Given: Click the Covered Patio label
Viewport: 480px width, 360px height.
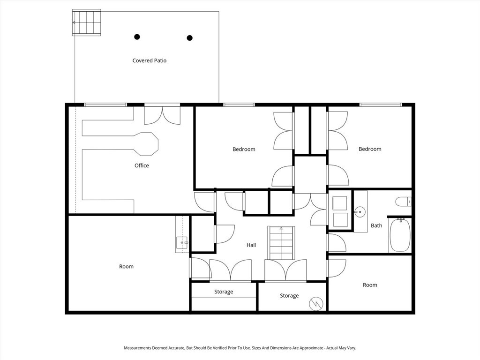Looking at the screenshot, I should (149, 60).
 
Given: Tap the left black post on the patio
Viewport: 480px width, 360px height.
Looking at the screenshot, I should (137, 37).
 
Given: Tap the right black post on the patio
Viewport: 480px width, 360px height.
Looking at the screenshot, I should (190, 38).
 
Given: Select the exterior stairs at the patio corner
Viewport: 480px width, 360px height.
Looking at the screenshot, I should (87, 22).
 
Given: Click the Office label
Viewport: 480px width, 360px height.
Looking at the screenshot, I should (142, 165).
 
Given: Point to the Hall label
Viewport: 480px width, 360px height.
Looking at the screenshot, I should (251, 245).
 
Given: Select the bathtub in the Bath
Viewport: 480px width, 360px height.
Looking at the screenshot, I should (400, 235).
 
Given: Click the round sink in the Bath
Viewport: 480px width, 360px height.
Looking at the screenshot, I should (360, 212).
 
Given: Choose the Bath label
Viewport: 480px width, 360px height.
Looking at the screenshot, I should (376, 225).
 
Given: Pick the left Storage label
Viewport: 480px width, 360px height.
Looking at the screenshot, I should (224, 292).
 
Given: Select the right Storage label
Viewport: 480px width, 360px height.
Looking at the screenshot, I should (289, 296).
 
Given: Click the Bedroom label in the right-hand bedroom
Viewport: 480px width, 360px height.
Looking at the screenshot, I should (370, 149).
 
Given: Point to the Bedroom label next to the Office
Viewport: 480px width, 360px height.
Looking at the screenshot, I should (244, 150).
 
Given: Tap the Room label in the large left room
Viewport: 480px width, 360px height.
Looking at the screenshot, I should (126, 267).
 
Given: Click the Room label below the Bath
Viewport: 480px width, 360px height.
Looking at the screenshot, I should (370, 285).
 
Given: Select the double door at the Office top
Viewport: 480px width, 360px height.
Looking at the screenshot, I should (162, 115).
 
